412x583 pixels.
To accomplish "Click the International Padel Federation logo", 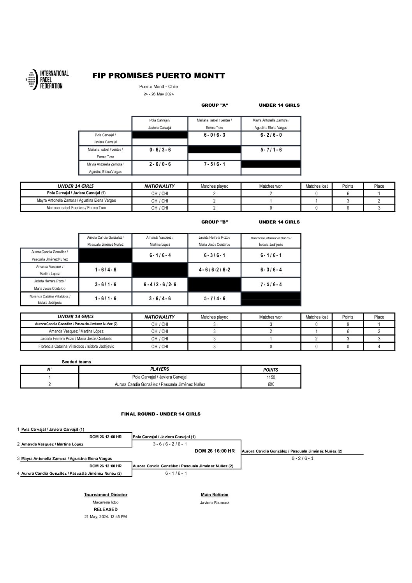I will tap(47, 80).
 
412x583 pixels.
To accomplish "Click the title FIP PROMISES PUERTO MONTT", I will tap(158, 76).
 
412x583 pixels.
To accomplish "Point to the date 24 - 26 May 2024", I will tap(158, 94).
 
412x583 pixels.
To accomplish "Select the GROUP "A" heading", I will tap(215, 105).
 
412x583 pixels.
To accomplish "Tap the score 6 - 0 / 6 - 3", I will tap(215, 135).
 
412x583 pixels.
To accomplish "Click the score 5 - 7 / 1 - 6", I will tap(271, 150).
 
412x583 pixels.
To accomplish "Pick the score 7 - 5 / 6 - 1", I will tap(215, 164).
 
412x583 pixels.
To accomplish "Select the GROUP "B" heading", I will tap(215, 222).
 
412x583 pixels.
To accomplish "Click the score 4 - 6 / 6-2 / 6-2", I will tap(215, 270).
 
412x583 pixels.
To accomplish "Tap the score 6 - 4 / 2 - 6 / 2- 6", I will tap(160, 285).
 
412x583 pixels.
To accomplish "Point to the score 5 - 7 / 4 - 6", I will tap(215, 299).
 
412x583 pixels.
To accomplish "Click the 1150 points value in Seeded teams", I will tap(271, 377).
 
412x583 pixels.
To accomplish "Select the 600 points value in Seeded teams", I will tap(271, 384).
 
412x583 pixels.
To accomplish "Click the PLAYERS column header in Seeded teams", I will tap(160, 369).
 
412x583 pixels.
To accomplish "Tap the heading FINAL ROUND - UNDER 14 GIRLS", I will tap(161, 414).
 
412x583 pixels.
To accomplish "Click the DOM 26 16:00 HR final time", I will tap(215, 451).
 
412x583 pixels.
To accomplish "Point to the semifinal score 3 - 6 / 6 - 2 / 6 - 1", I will tap(170, 444).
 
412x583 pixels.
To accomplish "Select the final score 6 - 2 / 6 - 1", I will tap(303, 458).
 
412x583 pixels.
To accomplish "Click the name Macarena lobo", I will tap(106, 502).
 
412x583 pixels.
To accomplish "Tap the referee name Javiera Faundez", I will tap(215, 503).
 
